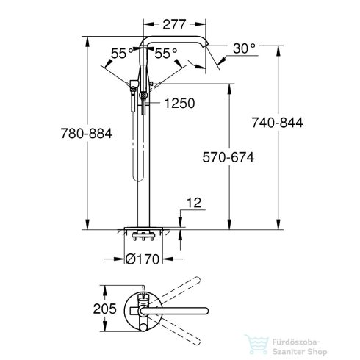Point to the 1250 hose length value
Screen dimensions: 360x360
tap(179, 104)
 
